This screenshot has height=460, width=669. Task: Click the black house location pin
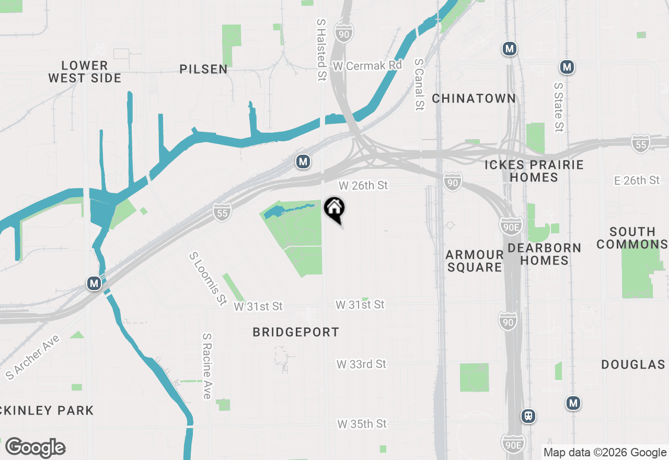point(334,209)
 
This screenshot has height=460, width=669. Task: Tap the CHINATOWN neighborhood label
point(474,98)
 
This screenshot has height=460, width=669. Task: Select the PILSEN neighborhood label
point(203,69)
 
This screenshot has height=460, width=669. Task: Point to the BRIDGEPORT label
point(296,332)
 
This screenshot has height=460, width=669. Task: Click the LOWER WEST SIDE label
point(85,72)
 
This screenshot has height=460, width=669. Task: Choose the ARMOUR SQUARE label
point(475,260)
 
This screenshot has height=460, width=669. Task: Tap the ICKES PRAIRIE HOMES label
point(534,171)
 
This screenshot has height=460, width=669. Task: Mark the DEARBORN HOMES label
point(544,254)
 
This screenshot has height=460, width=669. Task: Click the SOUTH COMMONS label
point(632,238)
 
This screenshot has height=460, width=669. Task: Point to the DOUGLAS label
point(633,364)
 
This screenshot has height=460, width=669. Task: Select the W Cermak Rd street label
point(367,66)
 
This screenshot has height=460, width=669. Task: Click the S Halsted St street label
point(321,50)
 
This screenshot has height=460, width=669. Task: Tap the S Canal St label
point(419,84)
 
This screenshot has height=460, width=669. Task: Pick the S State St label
point(559,107)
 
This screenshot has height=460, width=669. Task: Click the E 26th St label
point(637,180)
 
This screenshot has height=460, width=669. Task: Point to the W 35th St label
point(362,423)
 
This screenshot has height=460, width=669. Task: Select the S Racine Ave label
point(207,366)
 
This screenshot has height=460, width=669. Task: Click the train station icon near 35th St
point(528,416)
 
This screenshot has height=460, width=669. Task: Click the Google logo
point(35,447)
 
